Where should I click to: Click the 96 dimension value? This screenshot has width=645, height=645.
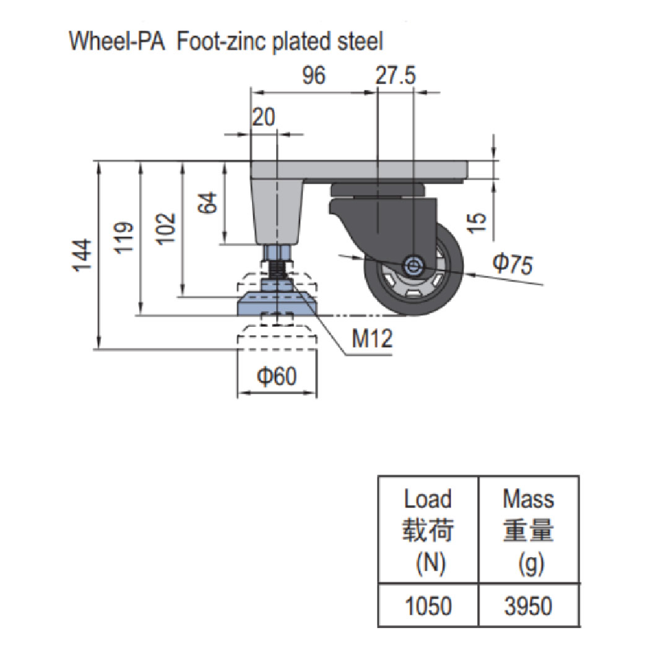click(314, 76)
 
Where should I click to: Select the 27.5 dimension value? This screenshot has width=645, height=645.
click(396, 76)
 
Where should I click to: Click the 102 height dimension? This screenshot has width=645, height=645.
click(167, 229)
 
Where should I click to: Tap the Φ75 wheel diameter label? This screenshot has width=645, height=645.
click(512, 264)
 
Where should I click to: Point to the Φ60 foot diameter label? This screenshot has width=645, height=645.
click(276, 376)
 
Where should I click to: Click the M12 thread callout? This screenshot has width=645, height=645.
click(372, 339)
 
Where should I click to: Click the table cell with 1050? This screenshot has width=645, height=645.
click(428, 605)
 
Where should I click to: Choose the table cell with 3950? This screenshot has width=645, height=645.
click(528, 605)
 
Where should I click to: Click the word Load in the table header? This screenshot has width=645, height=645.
click(428, 498)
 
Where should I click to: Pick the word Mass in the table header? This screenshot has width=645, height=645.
click(528, 498)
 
